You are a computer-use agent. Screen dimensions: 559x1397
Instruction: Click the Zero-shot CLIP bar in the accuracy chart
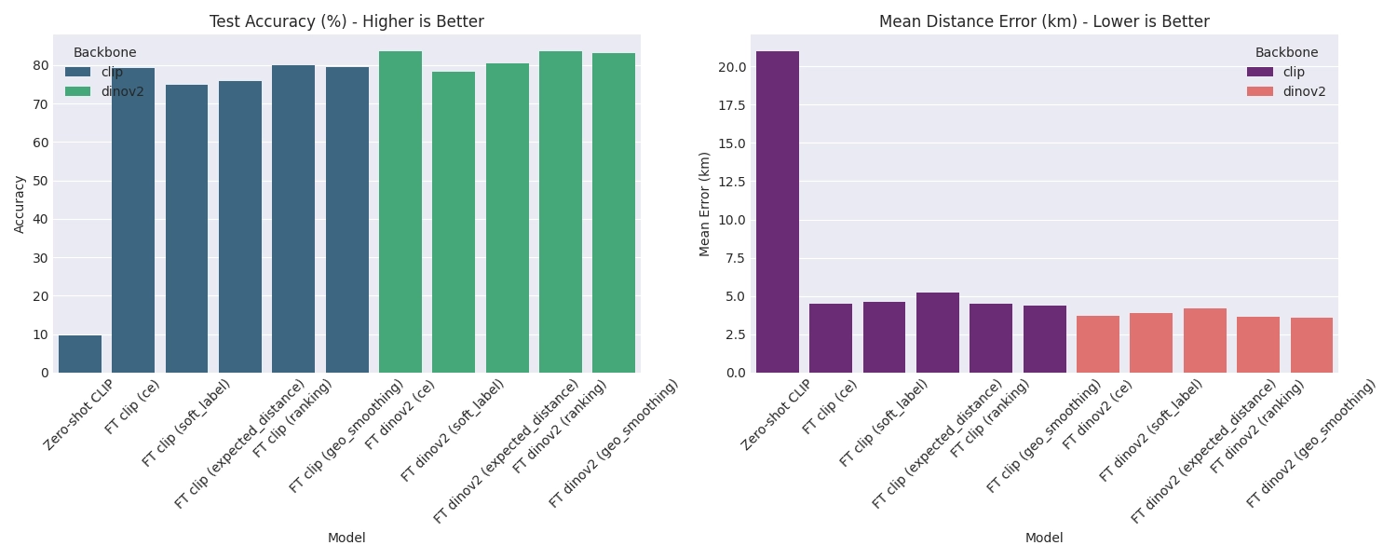point(80,354)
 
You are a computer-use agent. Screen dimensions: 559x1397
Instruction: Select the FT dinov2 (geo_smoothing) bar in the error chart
point(1311,346)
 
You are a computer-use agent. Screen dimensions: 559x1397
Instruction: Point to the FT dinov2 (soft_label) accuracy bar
point(454,223)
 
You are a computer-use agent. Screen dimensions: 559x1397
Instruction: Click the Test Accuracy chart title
point(346,21)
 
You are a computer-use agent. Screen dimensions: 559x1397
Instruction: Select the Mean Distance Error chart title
point(1044,21)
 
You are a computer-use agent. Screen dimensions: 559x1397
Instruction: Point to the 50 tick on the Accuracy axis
point(41,181)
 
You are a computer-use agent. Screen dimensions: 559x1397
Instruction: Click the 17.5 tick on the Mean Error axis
point(730,105)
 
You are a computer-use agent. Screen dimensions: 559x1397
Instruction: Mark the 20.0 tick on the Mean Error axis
point(730,67)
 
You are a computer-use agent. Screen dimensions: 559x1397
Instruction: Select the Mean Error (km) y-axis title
point(704,203)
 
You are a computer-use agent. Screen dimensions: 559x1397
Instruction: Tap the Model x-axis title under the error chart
point(1044,538)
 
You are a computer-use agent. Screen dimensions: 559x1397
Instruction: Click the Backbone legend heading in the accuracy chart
point(105,52)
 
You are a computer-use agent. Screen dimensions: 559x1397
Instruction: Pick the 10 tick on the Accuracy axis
point(41,334)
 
